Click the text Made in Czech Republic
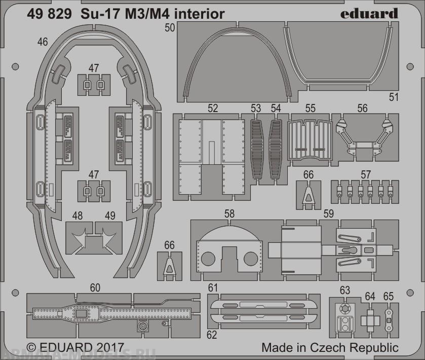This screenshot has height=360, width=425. [x=330, y=348]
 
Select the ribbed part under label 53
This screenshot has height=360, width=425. [x=257, y=149]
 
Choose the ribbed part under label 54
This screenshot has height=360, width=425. [x=276, y=149]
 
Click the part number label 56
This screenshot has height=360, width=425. [x=362, y=108]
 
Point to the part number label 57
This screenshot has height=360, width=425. [x=365, y=174]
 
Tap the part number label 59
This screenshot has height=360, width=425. [x=328, y=214]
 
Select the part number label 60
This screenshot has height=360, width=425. [x=95, y=288]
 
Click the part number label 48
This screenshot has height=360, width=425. [x=77, y=215]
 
